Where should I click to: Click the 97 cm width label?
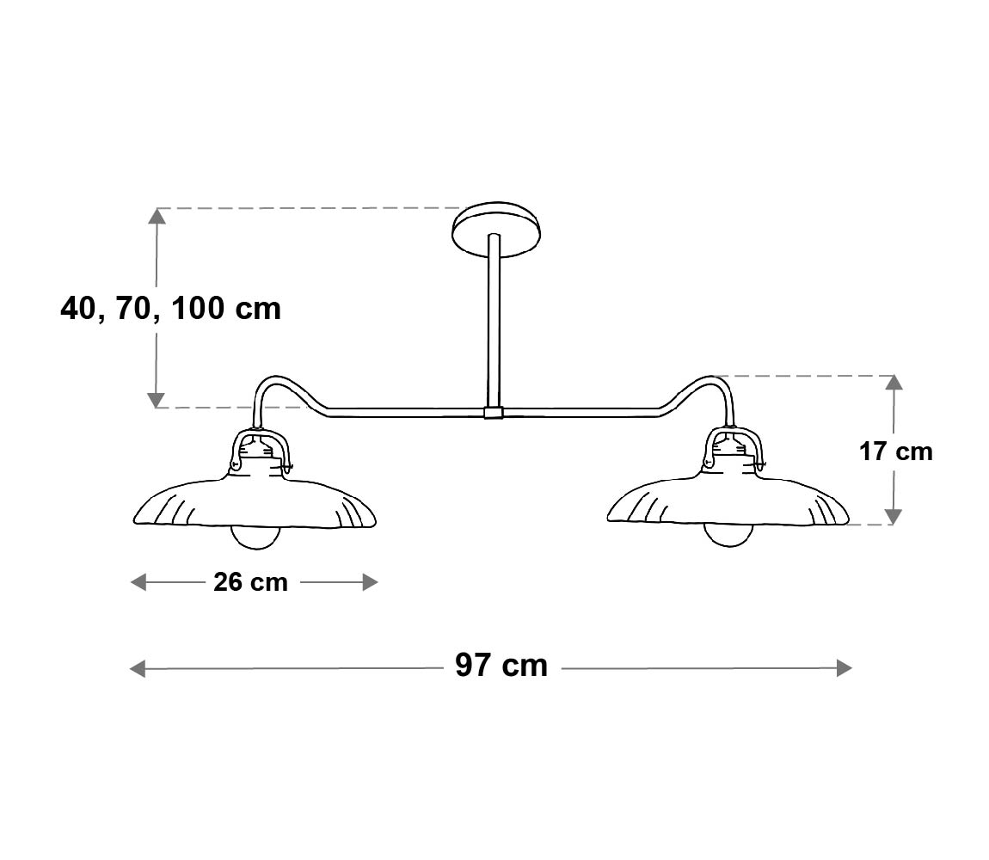(x=501, y=666)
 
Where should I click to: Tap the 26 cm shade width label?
(x=250, y=581)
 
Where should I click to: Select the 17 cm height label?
(x=895, y=451)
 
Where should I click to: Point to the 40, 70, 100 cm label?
(x=170, y=309)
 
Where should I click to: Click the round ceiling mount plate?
(x=497, y=229)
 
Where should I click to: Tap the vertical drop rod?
(x=494, y=321)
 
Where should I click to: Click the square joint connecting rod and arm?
(x=494, y=413)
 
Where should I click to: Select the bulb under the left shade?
(x=255, y=537)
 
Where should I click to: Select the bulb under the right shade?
(x=729, y=536)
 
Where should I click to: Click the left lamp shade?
(x=255, y=499)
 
